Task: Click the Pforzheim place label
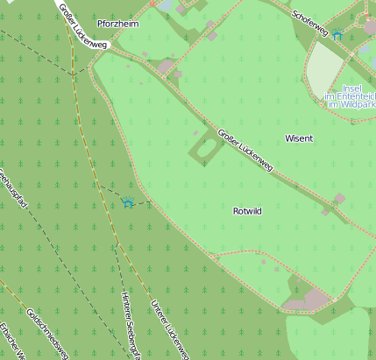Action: (118, 24)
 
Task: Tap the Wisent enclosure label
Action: (299, 138)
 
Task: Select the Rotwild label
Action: (248, 211)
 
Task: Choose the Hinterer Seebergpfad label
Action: (131, 325)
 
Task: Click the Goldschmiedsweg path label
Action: (47, 334)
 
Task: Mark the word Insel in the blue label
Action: (352, 88)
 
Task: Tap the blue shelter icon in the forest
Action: (128, 204)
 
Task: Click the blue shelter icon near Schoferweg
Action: (337, 34)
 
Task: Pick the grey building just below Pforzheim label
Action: (166, 66)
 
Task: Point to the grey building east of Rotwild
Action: (338, 199)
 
